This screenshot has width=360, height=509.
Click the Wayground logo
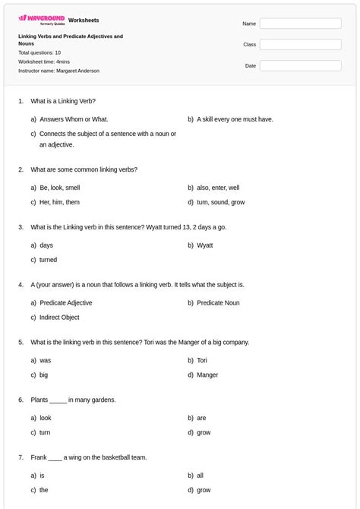pyautogui.click(x=41, y=19)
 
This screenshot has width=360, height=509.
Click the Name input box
pyautogui.click(x=300, y=24)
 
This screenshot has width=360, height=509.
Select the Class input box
pyautogui.click(x=300, y=45)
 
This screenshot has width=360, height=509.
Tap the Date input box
pyautogui.click(x=300, y=66)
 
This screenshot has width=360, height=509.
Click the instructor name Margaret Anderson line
pyautogui.click(x=58, y=71)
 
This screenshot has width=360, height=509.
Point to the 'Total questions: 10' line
pyautogui.click(x=39, y=53)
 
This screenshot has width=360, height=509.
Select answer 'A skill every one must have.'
pyautogui.click(x=235, y=119)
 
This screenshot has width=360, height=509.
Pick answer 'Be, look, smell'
pyautogui.click(x=59, y=188)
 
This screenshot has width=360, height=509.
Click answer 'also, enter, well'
pyautogui.click(x=218, y=188)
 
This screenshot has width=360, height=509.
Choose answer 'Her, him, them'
pyautogui.click(x=59, y=203)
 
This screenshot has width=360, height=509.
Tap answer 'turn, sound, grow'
pyautogui.click(x=220, y=203)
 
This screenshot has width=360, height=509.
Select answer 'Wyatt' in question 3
pyautogui.click(x=205, y=245)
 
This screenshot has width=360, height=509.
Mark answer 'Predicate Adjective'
pyautogui.click(x=66, y=302)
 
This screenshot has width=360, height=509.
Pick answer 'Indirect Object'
pyautogui.click(x=59, y=318)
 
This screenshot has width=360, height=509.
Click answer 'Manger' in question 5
pyautogui.click(x=207, y=375)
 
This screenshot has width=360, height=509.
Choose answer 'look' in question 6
pyautogui.click(x=46, y=418)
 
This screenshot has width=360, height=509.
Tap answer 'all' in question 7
pyautogui.click(x=201, y=476)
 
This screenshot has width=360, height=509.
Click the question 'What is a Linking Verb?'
pyautogui.click(x=63, y=101)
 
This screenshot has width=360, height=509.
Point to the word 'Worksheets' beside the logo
pyautogui.click(x=84, y=20)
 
